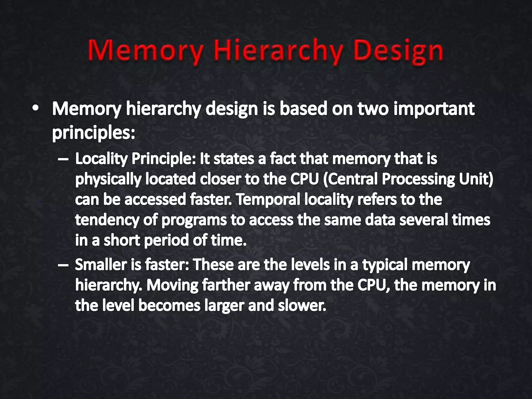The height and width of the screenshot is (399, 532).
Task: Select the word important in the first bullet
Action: pos(434,109)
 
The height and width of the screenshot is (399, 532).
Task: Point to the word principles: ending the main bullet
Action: pos(94,133)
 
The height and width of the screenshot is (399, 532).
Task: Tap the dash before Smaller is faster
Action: pos(63,265)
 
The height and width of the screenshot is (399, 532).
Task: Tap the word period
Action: pos(166,241)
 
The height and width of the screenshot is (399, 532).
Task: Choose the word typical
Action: pos(385,265)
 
